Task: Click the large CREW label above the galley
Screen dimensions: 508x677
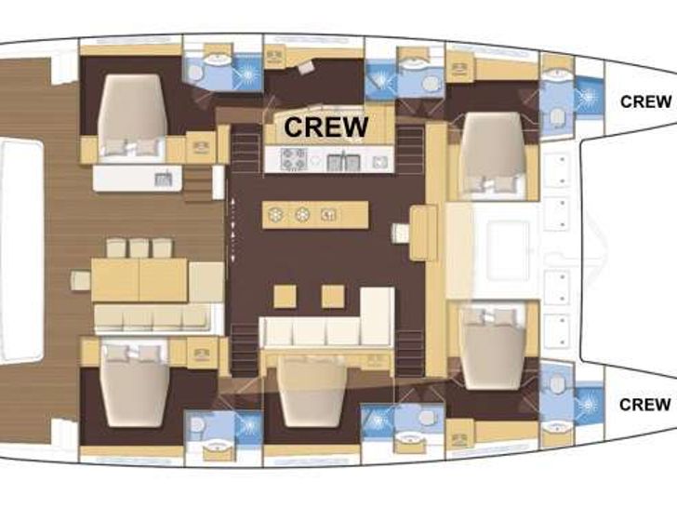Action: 325,126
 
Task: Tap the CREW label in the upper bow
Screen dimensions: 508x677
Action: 645,101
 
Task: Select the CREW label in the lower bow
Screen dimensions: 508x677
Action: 645,404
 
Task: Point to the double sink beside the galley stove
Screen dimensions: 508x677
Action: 342,161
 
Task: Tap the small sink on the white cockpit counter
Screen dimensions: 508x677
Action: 163,178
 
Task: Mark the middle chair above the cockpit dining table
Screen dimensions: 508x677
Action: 139,247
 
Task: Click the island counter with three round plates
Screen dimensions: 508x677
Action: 314,214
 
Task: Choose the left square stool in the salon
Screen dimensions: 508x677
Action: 285,296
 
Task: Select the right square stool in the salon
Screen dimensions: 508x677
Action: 333,296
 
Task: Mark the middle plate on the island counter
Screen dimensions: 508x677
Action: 302,215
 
